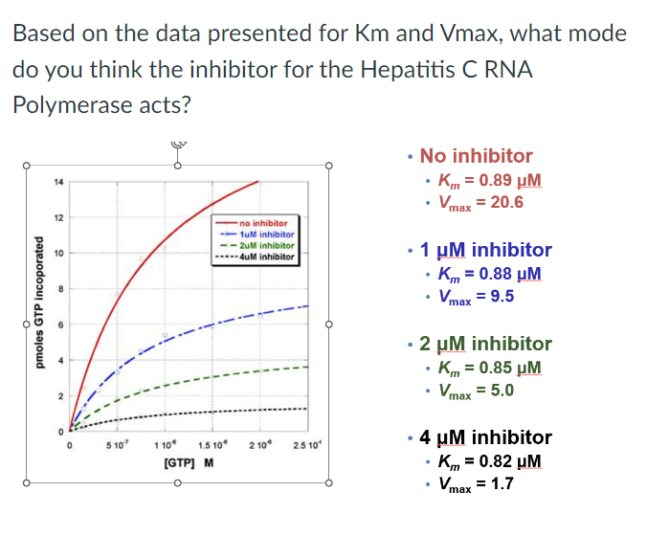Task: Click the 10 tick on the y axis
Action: pos(58,254)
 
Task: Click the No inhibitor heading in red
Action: pos(476,156)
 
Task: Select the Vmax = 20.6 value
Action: pos(480,202)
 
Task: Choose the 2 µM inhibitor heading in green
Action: pos(485,344)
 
